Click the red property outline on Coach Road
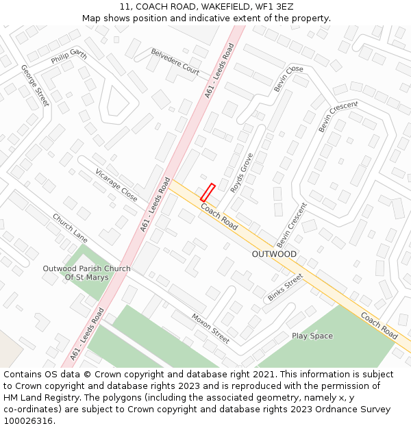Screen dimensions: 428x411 pyautogui.click(x=208, y=192)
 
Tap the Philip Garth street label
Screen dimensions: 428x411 pyautogui.click(x=69, y=56)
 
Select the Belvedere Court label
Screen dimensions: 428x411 pyautogui.click(x=175, y=62)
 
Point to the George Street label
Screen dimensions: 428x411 pyautogui.click(x=35, y=86)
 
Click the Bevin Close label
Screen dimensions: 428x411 pyautogui.click(x=288, y=79)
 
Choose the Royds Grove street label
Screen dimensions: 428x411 pyautogui.click(x=242, y=173)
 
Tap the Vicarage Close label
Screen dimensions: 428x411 pyautogui.click(x=116, y=185)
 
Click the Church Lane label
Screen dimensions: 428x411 pyautogui.click(x=71, y=228)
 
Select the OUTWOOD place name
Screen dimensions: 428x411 pyautogui.click(x=274, y=254)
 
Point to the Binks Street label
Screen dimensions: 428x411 pyautogui.click(x=285, y=288)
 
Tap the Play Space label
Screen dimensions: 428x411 pyautogui.click(x=312, y=336)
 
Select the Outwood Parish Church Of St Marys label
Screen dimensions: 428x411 pyautogui.click(x=86, y=273)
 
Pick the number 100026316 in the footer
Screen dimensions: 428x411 pyautogui.click(x=28, y=421)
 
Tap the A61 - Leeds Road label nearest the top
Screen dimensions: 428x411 pyautogui.click(x=219, y=71)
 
